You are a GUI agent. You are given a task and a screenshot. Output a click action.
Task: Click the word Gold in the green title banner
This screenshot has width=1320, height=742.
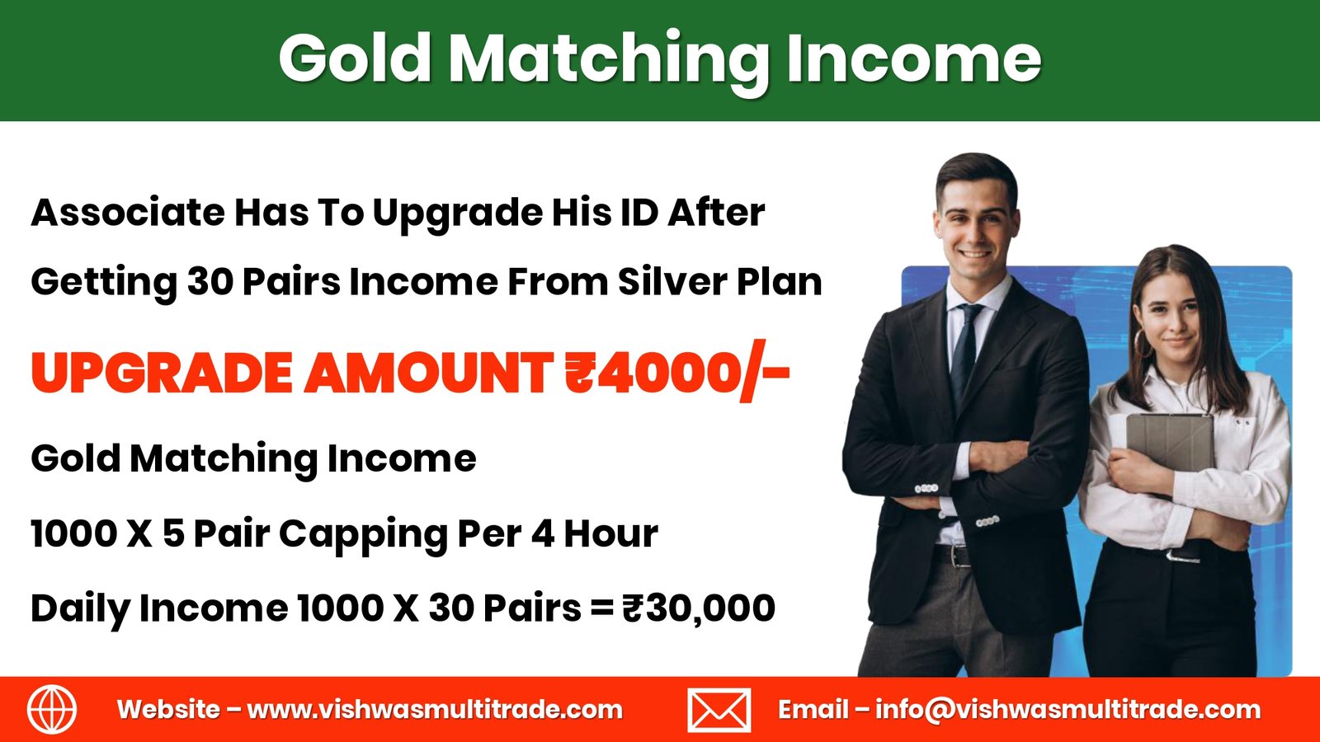click(x=355, y=58)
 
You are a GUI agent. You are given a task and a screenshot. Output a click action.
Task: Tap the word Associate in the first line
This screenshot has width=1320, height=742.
click(x=127, y=212)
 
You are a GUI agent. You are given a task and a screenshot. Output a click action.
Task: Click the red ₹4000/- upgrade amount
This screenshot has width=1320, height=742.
click(x=676, y=373)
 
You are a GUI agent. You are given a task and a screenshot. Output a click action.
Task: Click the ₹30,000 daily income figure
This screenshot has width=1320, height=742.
click(x=698, y=608)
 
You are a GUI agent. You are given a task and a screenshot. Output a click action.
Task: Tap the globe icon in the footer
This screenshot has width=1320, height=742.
click(x=52, y=709)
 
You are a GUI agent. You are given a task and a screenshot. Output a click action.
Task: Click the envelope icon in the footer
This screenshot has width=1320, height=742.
click(x=719, y=710)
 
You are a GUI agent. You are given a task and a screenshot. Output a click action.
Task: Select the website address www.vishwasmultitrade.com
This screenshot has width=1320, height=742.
click(x=435, y=710)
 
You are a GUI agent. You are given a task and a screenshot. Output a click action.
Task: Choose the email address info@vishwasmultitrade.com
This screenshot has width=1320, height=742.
click(x=1068, y=710)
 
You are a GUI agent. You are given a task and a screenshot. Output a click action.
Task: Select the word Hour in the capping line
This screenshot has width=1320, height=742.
click(x=610, y=533)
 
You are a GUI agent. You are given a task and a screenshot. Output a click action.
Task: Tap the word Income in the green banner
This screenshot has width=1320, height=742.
click(x=913, y=58)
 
